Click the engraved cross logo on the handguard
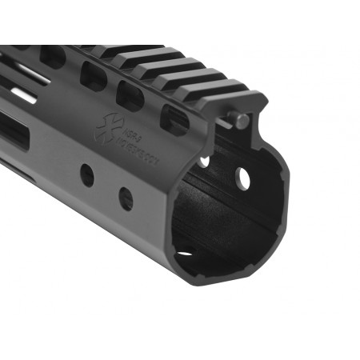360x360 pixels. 105,129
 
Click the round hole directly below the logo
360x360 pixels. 87,174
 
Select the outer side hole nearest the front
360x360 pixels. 126,197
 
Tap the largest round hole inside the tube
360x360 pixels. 242,179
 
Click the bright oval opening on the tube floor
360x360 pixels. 185,254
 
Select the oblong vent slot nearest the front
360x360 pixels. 175,118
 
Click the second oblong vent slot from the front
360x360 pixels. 130,95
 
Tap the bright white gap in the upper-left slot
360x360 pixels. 24,94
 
